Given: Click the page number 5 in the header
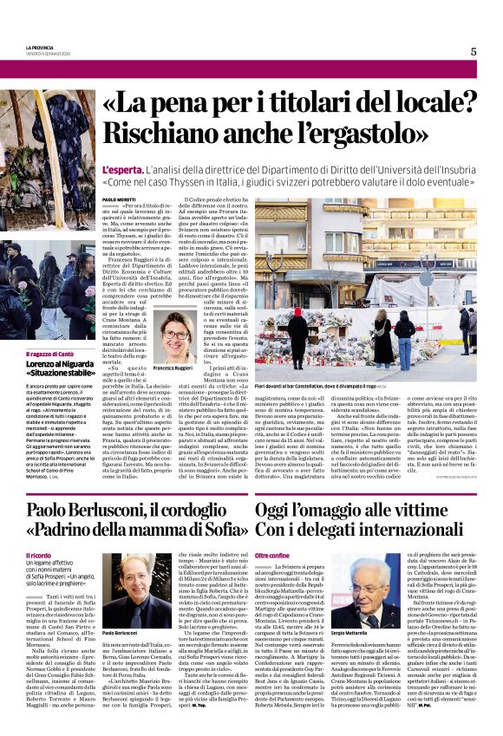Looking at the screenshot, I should (473, 51).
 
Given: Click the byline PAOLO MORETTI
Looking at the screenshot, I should (119, 200).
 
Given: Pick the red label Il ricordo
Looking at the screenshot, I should (39, 556).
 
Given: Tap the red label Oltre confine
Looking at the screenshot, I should (273, 556).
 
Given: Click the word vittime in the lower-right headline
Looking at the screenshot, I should (436, 511).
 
